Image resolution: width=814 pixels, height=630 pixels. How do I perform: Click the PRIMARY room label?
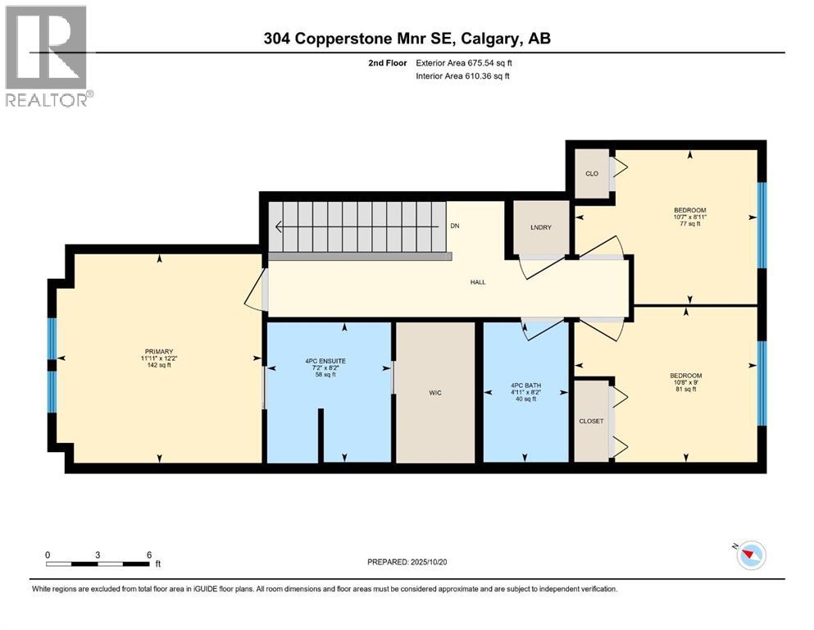pos(159,352)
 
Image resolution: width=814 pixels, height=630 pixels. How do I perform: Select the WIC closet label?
pos(435,393)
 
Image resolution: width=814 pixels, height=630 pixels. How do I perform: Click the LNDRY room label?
pos(539,226)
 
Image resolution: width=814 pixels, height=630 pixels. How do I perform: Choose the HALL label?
pos(478,282)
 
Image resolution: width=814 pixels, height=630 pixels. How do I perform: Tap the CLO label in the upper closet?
pos(591,173)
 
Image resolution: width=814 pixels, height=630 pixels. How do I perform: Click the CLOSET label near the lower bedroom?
pos(591,421)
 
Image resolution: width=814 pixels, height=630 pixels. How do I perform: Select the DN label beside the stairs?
pos(455,226)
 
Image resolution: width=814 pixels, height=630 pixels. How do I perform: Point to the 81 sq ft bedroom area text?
pos(685,389)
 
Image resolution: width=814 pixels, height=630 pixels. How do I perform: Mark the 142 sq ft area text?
pos(159,366)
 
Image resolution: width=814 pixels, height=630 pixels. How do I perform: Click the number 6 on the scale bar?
pos(148,555)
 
